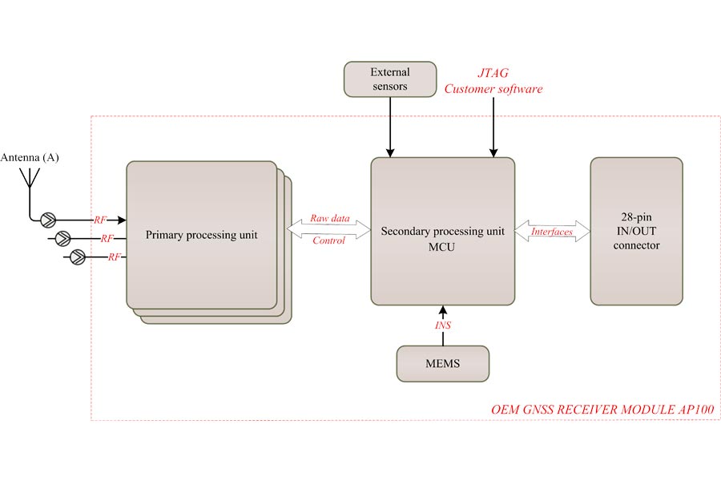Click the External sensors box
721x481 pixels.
389,79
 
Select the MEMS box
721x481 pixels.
442,364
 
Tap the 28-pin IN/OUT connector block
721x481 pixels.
636,231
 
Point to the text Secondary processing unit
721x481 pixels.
442,232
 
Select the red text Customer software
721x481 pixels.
493,89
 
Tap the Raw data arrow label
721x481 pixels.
328,218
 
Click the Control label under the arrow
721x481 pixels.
328,240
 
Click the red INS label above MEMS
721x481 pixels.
443,326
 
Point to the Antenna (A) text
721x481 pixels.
30,157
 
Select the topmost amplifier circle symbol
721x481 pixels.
49,218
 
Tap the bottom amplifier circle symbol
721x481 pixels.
78,257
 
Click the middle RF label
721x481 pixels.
107,238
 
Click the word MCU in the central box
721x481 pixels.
442,247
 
